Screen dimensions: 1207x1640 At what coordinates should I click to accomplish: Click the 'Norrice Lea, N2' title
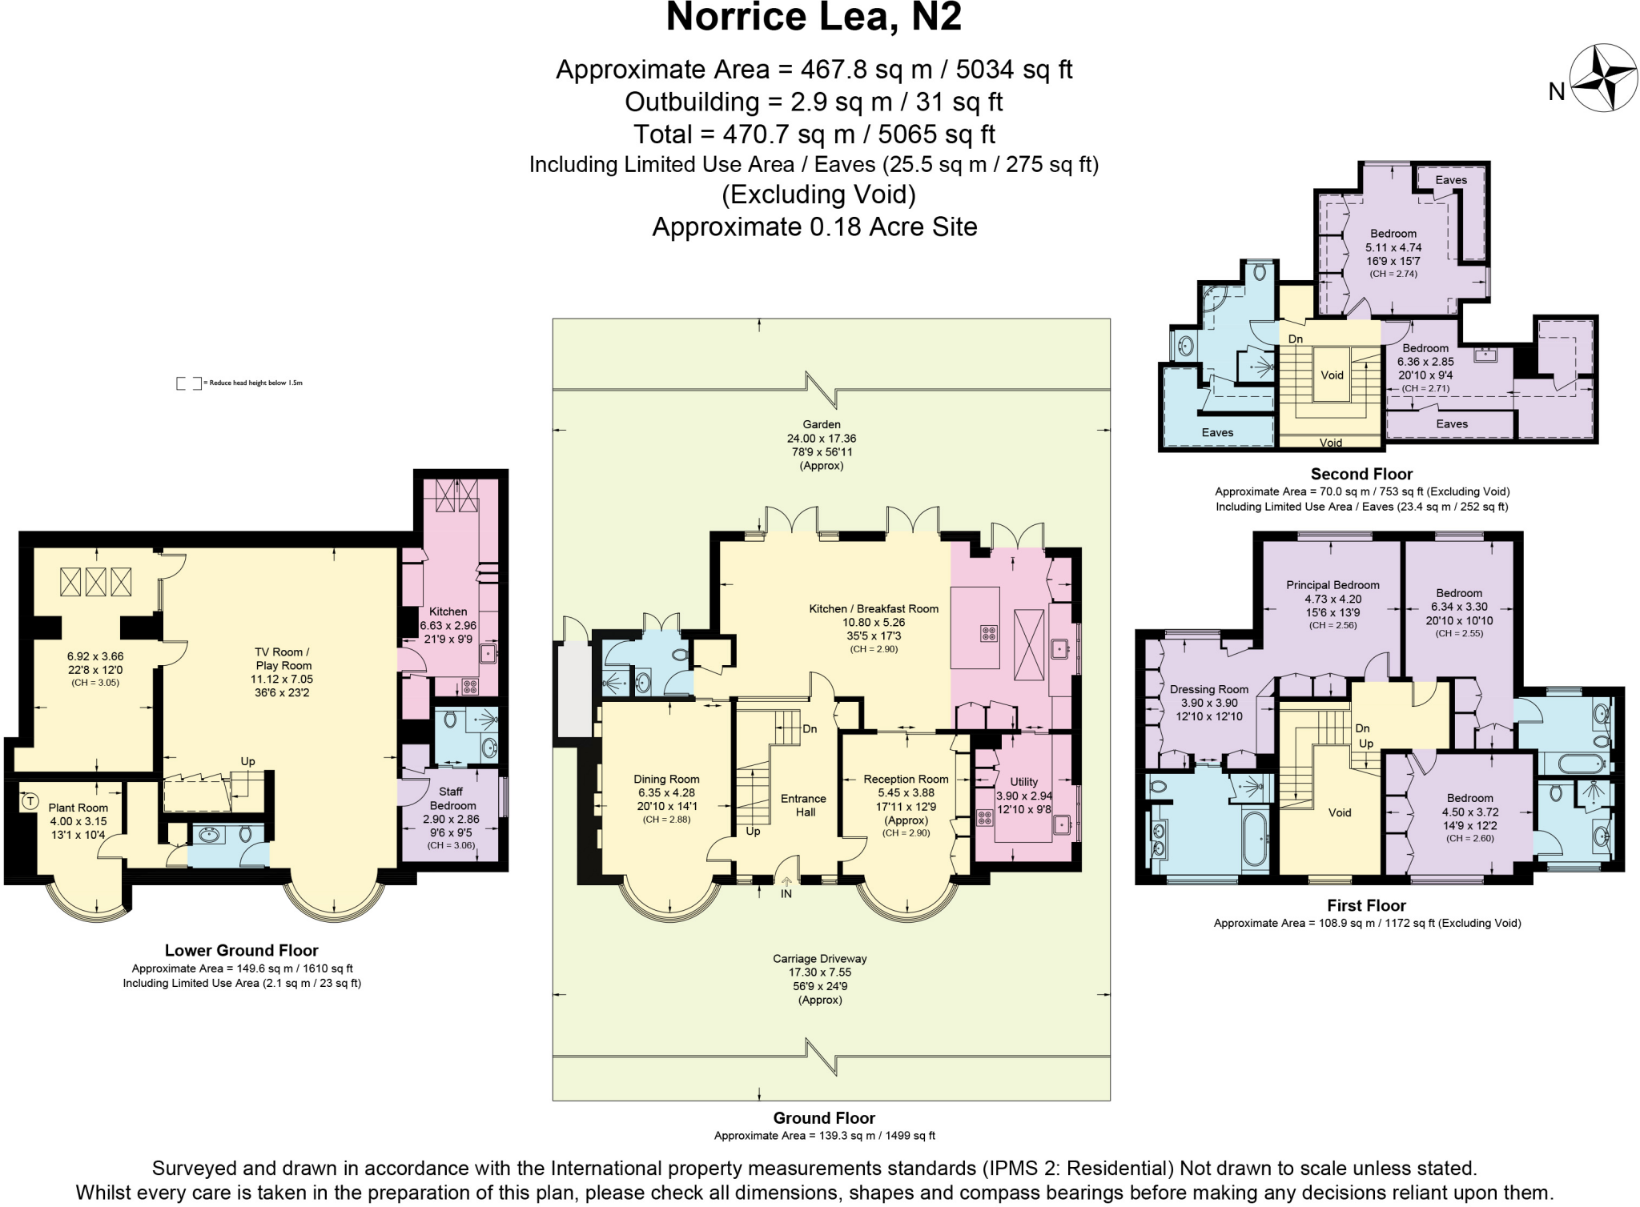[x=814, y=18]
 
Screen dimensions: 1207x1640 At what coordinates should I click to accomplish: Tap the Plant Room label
[x=78, y=808]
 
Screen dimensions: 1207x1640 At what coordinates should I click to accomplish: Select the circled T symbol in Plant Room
[x=30, y=800]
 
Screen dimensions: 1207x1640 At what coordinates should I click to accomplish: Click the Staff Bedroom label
[x=452, y=798]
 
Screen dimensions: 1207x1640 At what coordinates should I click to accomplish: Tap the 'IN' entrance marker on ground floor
[x=786, y=893]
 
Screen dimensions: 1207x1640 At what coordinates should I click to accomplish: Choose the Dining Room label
[x=666, y=779]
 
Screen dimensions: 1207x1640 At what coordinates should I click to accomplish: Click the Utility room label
[x=1023, y=782]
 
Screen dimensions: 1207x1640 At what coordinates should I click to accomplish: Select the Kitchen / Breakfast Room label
[x=874, y=609]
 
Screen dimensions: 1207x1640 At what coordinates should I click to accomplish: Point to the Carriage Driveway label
[x=819, y=958]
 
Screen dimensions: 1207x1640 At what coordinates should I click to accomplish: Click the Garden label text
[x=822, y=424]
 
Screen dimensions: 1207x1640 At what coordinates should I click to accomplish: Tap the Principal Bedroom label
[x=1332, y=585]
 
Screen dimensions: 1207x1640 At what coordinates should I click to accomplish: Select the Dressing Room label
[x=1208, y=689]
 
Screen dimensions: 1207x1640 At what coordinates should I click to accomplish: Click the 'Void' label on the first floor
[x=1340, y=812]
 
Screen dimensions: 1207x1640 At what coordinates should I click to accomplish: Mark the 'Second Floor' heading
[x=1361, y=474]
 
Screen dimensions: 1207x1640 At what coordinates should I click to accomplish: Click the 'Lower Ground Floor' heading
[x=242, y=950]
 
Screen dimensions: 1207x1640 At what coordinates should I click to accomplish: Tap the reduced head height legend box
[x=189, y=383]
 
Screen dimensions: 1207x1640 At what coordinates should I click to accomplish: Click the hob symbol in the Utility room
[x=983, y=818]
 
